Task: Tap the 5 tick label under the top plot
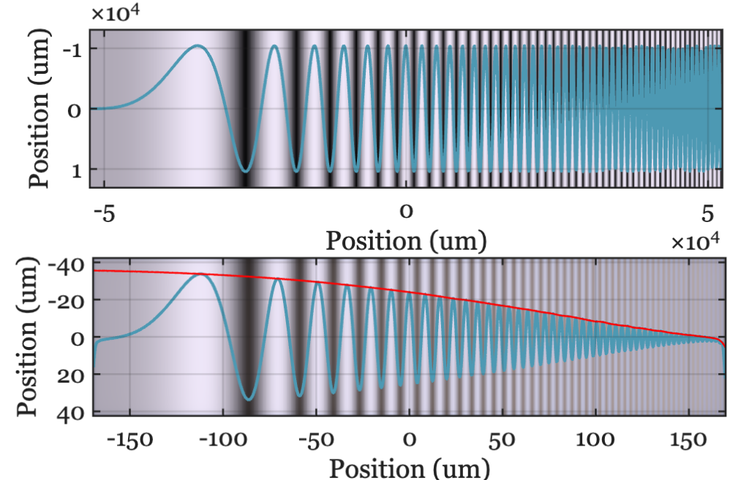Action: point(707,213)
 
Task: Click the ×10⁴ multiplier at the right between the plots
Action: point(696,243)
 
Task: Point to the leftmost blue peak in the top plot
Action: point(197,46)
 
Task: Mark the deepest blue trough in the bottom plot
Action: point(249,399)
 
